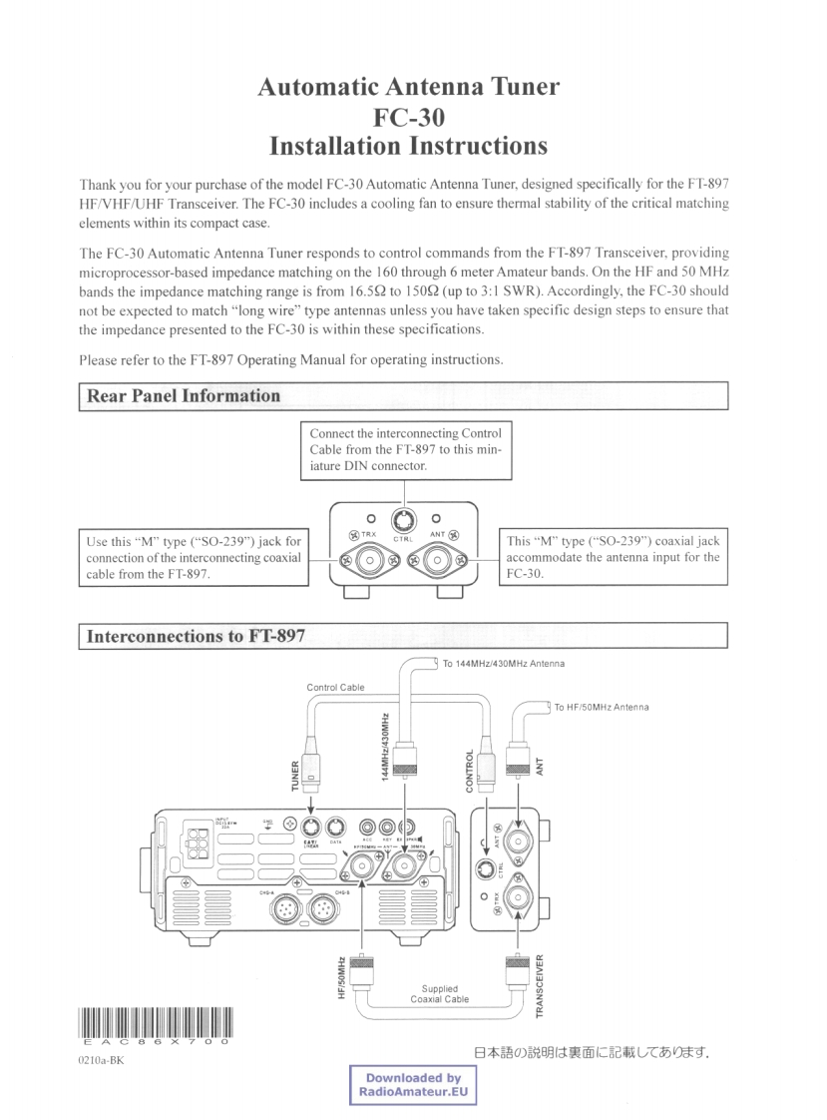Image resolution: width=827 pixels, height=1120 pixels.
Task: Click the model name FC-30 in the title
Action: tap(408, 116)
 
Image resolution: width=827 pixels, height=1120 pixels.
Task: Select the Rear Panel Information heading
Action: tap(185, 395)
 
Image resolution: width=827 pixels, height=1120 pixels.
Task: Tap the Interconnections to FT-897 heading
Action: tap(197, 635)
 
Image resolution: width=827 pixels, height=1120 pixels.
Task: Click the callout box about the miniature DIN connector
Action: tap(405, 449)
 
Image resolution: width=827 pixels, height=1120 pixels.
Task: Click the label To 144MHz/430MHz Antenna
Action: tap(504, 664)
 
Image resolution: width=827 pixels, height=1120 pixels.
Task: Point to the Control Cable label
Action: tap(336, 687)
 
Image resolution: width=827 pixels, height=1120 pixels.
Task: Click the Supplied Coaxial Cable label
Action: tap(439, 994)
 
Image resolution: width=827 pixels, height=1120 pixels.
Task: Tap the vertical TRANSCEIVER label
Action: tap(539, 982)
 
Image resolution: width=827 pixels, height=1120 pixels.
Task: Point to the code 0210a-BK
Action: tap(97, 1060)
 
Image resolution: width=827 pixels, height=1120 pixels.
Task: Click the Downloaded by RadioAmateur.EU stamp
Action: tap(412, 1085)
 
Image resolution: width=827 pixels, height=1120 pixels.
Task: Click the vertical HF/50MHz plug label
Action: tap(340, 978)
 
